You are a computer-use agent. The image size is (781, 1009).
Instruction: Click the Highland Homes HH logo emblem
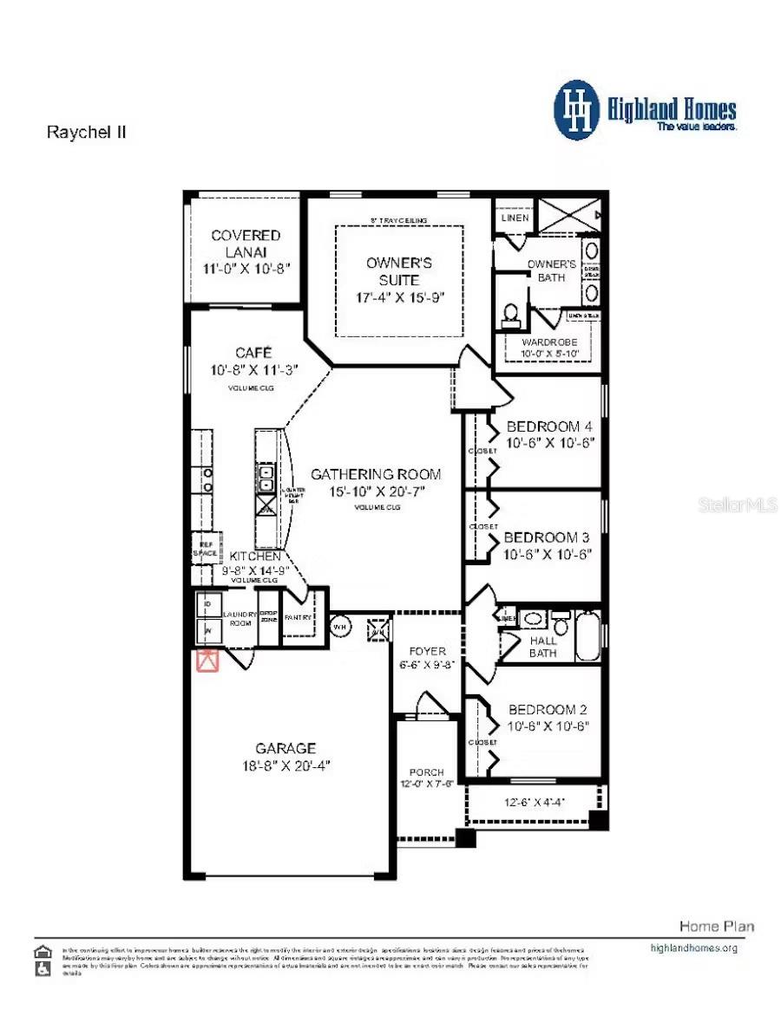tap(577, 110)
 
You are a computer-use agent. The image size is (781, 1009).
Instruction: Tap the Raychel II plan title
tap(86, 133)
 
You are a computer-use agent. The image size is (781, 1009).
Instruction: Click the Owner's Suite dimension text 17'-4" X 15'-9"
tap(398, 297)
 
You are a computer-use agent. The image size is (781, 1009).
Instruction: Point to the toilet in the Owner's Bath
tap(511, 313)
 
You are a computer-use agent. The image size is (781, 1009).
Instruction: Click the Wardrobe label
tap(548, 342)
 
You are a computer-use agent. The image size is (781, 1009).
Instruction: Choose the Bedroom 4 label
tap(548, 426)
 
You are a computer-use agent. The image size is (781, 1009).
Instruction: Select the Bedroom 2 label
tap(548, 709)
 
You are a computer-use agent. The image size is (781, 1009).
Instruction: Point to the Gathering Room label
tap(375, 474)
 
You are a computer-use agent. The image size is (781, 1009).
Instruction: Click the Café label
tap(253, 353)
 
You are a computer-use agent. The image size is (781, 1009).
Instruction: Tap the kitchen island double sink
tap(266, 478)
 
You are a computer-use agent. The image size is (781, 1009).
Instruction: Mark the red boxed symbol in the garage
tap(207, 661)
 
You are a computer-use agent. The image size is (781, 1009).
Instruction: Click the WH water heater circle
tap(339, 626)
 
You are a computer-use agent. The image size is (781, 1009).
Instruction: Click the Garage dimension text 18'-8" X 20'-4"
tap(286, 765)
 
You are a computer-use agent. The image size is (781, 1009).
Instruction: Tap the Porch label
tap(426, 771)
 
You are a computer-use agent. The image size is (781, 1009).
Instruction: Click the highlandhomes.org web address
tap(693, 947)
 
